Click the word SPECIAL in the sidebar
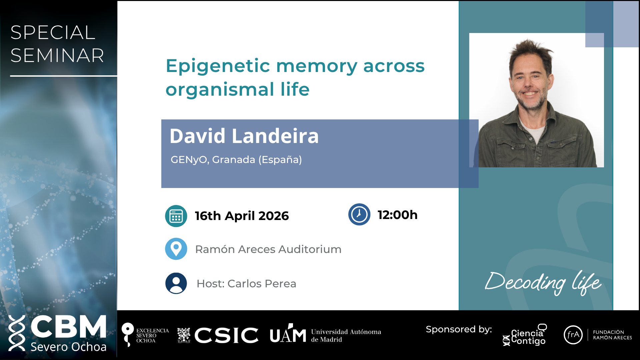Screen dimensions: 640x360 [x=53, y=33]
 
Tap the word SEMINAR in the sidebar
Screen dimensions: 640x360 [x=57, y=55]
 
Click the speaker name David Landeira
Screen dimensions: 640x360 [x=244, y=136]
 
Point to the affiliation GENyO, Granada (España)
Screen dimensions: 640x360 [x=236, y=160]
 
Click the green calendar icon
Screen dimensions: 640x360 [x=176, y=216]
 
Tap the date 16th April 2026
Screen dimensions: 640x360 [x=242, y=216]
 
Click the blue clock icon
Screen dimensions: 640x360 [x=359, y=214]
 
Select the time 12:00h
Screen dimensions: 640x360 [x=397, y=215]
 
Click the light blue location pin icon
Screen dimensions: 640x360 [x=176, y=249]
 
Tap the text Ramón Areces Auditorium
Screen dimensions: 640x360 [x=268, y=249]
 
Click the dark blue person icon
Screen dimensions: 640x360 [x=176, y=283]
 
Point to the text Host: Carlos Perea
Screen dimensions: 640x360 [x=246, y=284]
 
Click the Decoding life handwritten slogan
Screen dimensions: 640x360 [x=543, y=283]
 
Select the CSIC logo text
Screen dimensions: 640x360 [x=226, y=335]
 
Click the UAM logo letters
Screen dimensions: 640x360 [x=288, y=334]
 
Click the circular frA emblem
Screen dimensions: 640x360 [x=573, y=335]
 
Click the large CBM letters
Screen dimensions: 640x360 [x=69, y=326]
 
